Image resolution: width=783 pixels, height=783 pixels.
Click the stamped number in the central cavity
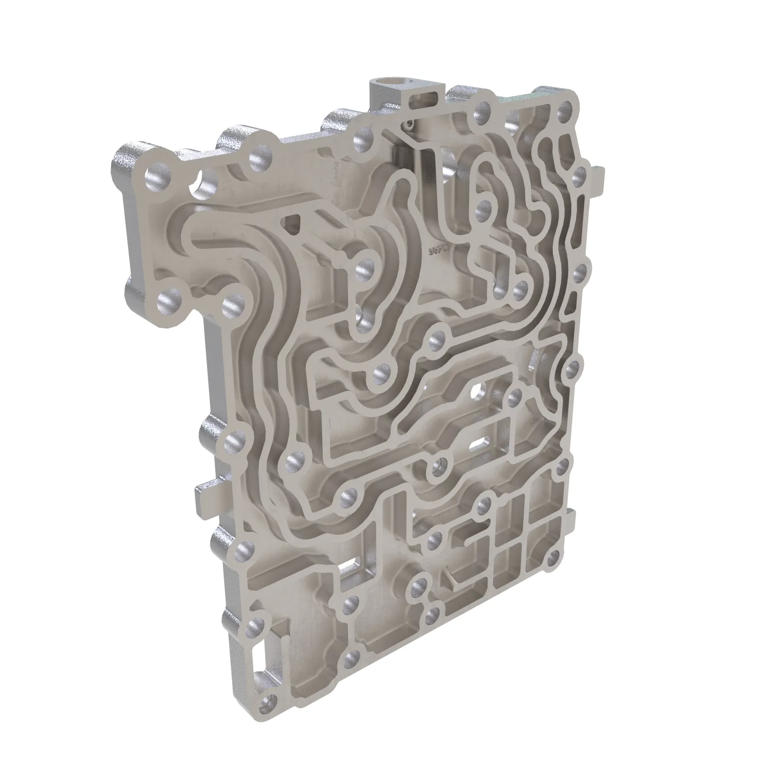click(438, 251)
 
